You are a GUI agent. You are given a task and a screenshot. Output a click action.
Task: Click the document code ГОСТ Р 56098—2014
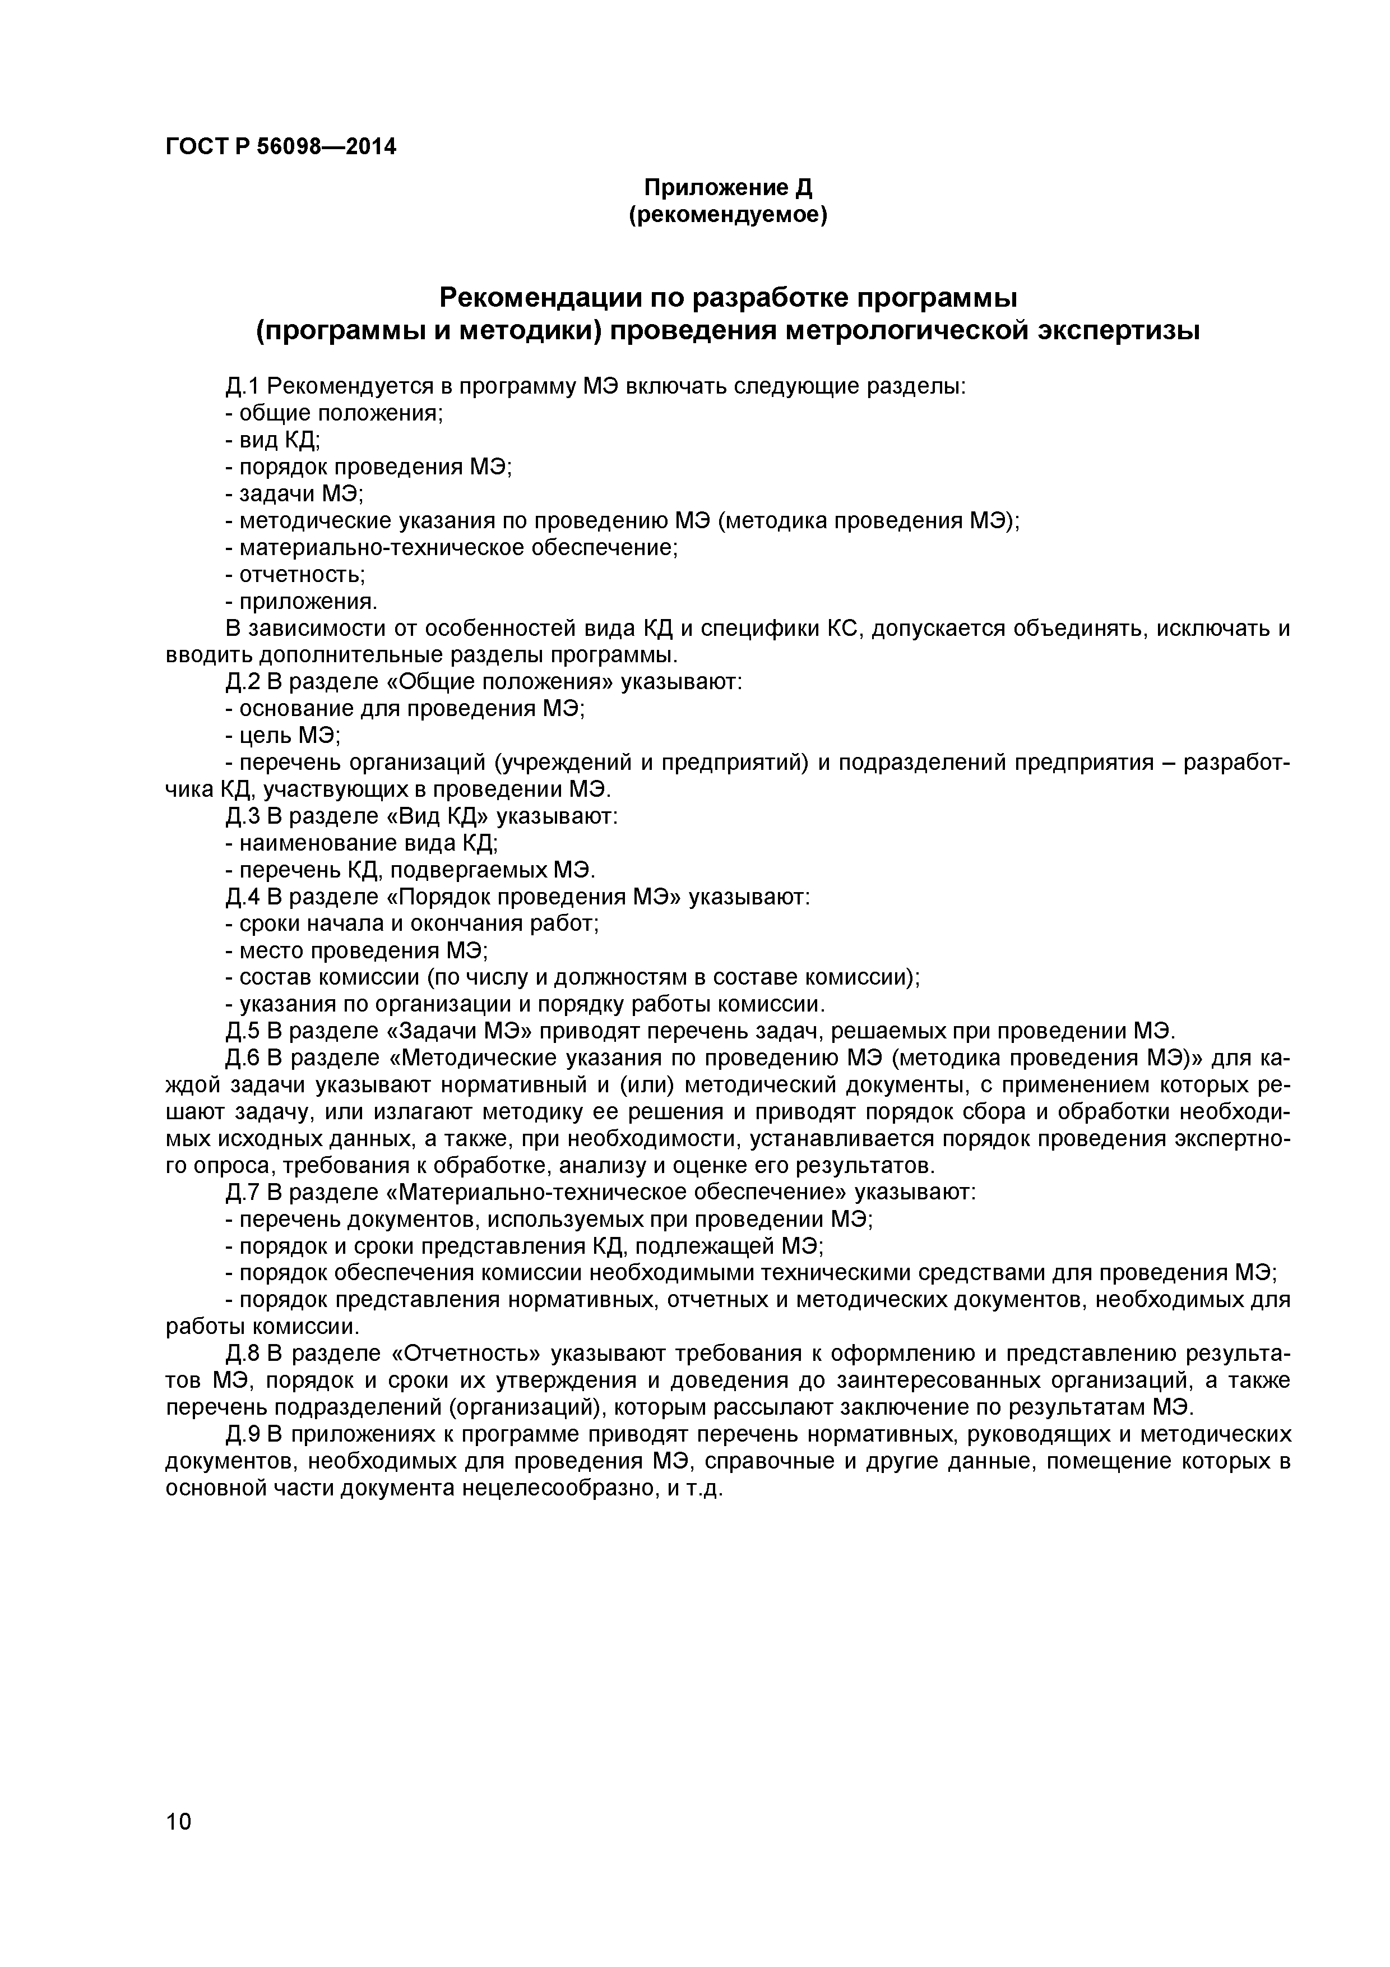click(x=281, y=147)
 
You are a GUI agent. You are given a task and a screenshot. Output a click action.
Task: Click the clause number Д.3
click(x=242, y=816)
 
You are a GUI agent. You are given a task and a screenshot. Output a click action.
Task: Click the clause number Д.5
click(x=242, y=1030)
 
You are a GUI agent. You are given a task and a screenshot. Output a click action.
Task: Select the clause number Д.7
click(x=242, y=1192)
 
